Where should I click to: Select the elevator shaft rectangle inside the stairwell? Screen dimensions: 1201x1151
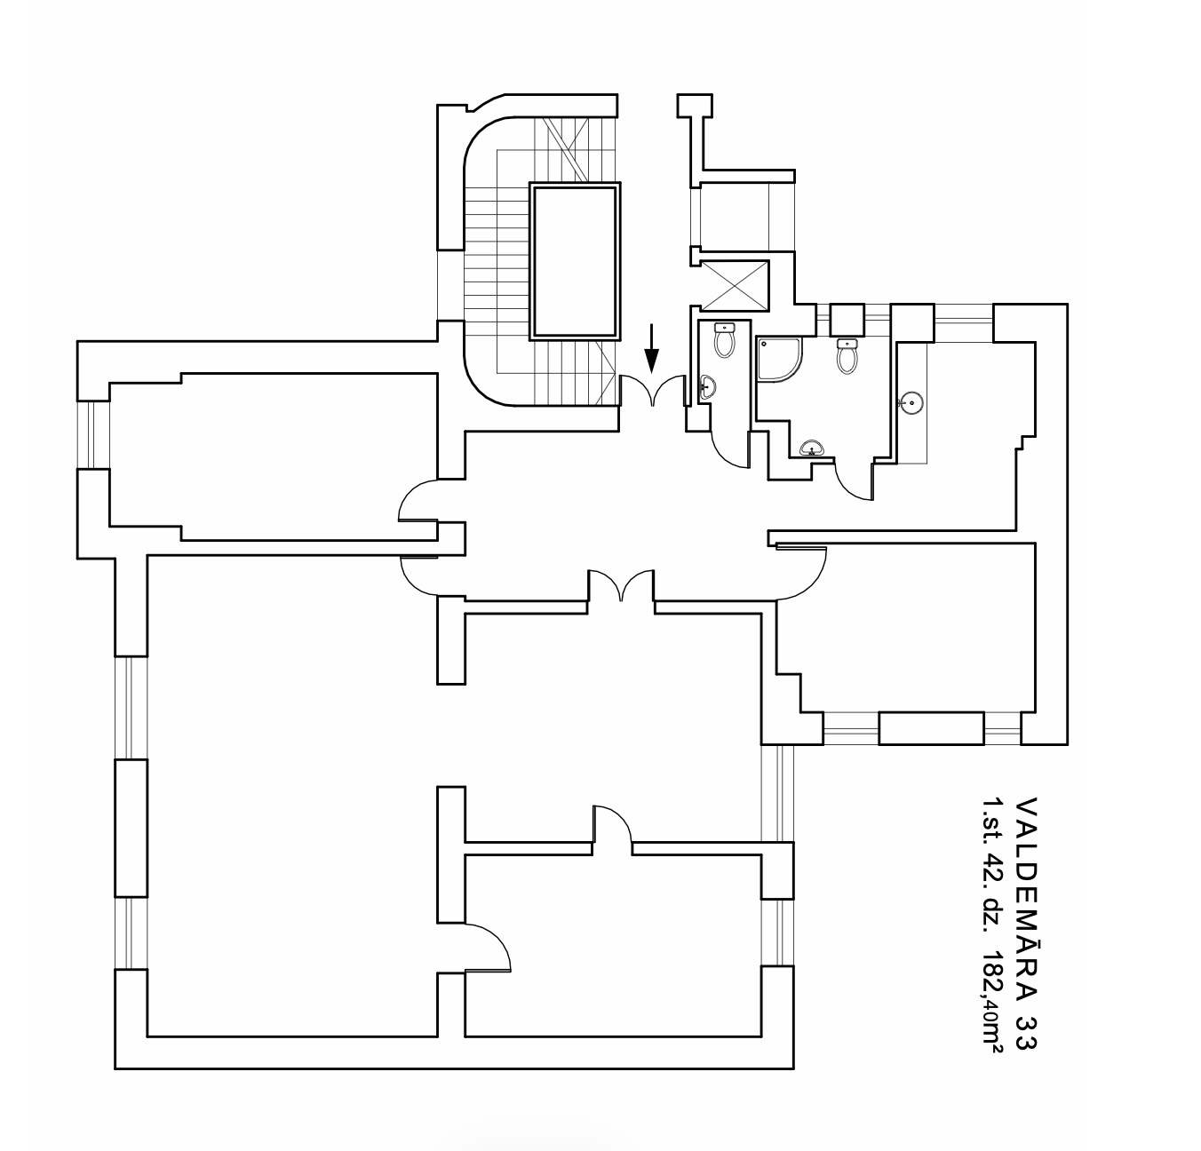tap(575, 260)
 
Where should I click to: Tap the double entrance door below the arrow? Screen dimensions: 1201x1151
tap(652, 390)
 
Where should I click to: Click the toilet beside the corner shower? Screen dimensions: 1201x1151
tap(847, 356)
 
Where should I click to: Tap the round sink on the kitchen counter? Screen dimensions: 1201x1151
tap(911, 403)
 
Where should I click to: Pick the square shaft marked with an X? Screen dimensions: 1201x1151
tap(735, 285)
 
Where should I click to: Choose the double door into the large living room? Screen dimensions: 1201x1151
tap(621, 585)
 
